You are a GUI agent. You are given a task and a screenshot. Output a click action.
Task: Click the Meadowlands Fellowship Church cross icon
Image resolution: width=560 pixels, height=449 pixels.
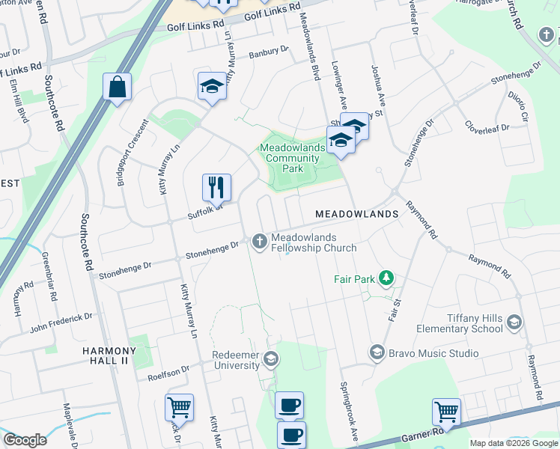point(260,241)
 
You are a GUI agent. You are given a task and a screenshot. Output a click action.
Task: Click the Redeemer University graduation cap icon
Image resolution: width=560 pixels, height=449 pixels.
point(271,361)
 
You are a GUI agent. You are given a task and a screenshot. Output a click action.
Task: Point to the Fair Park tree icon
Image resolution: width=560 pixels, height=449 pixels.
point(386,279)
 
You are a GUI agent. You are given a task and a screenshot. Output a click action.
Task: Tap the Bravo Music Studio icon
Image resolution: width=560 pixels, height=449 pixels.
point(377,352)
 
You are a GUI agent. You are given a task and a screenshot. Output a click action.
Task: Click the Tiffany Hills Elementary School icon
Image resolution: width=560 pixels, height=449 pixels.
point(514,323)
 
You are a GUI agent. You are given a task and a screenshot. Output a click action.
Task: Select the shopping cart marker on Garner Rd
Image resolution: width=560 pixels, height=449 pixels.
point(446,411)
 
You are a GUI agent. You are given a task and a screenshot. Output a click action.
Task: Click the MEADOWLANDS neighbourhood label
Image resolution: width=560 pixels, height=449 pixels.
point(356,214)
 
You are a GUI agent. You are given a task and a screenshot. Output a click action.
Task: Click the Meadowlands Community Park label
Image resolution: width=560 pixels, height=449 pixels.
point(293,159)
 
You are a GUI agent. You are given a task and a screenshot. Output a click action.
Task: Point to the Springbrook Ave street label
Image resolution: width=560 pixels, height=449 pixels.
point(348,412)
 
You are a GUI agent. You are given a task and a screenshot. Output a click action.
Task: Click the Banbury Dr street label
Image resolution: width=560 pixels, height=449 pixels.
point(268,52)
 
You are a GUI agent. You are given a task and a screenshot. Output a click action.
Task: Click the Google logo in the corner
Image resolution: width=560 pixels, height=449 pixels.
point(25,440)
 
